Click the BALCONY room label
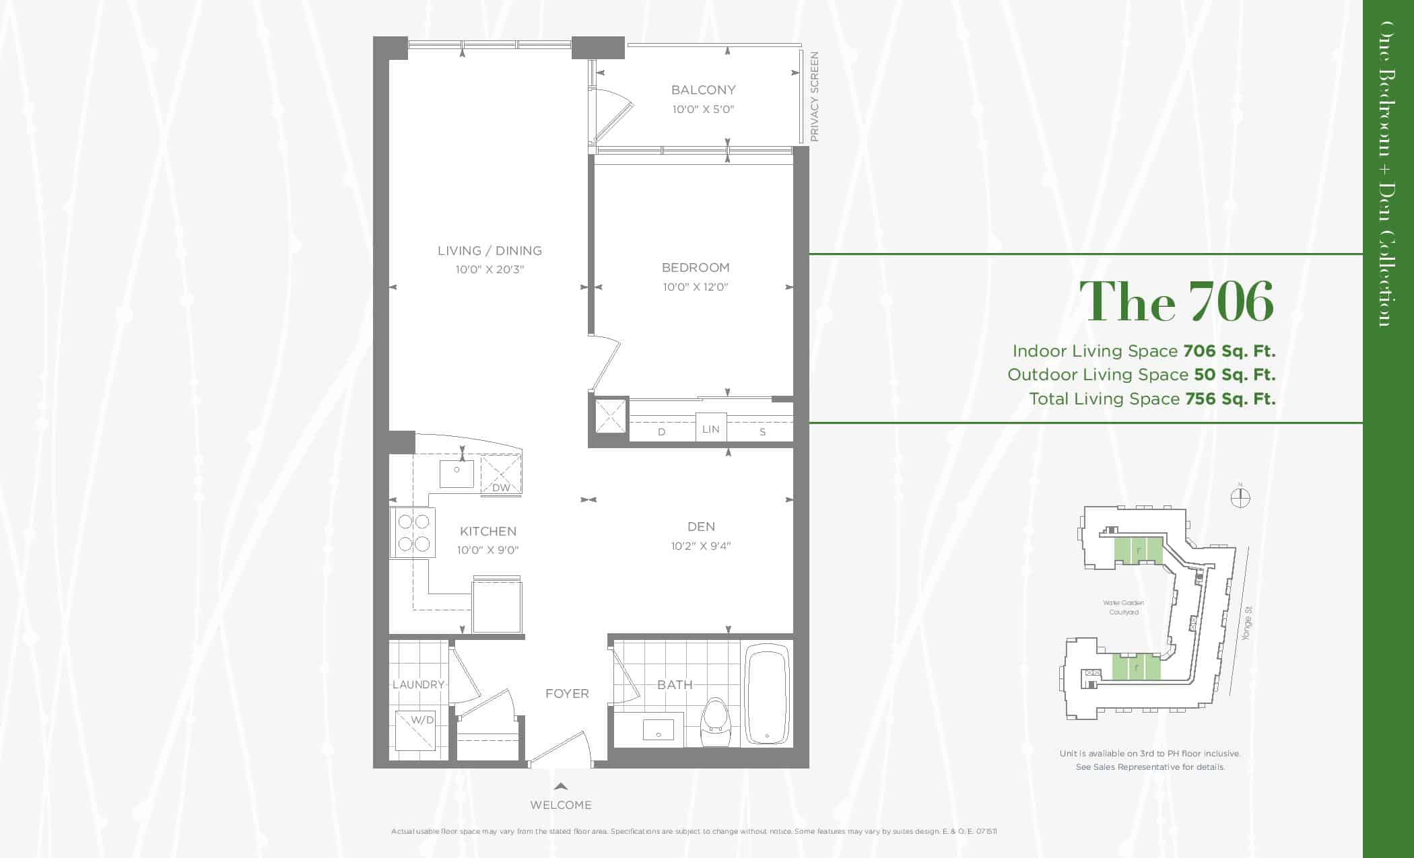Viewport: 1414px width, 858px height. point(703,90)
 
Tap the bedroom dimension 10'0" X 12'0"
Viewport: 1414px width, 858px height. point(696,287)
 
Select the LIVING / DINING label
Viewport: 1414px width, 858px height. point(490,250)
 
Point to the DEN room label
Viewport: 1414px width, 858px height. point(701,527)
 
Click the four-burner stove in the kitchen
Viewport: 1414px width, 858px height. point(413,532)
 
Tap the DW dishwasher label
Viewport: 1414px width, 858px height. point(501,488)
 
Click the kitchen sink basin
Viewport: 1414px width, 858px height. point(457,474)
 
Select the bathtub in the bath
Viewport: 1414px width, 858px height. point(767,694)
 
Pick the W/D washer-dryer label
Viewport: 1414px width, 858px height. point(422,720)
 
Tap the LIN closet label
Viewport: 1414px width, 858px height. point(711,429)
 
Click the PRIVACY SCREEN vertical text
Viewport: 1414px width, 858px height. point(814,96)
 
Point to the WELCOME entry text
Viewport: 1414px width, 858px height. point(561,805)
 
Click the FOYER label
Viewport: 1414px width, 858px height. point(567,694)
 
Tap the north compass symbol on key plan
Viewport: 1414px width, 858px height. point(1240,497)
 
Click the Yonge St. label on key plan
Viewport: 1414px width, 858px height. point(1247,624)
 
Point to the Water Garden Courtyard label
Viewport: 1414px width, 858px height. point(1124,608)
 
